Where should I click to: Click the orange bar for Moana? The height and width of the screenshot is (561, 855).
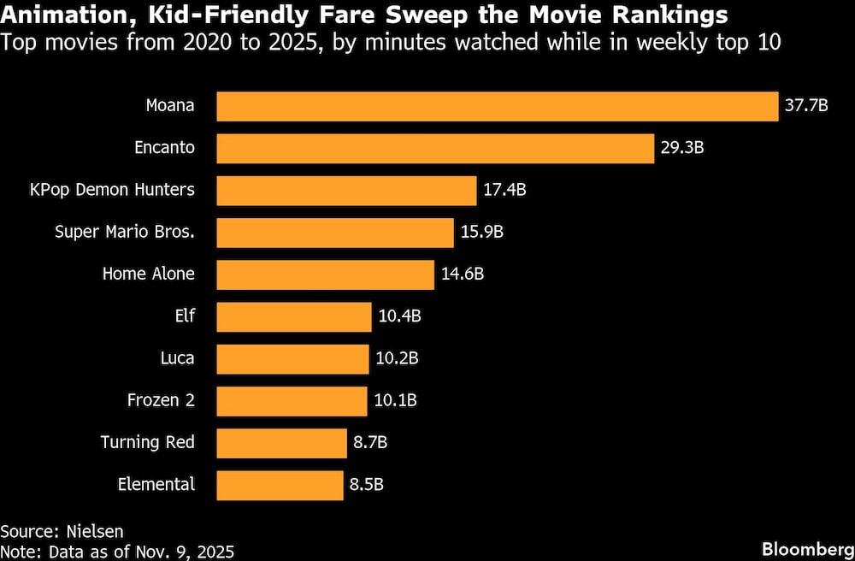(497, 106)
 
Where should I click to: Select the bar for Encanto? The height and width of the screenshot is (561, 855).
(435, 148)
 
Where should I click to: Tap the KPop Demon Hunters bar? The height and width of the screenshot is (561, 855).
(346, 190)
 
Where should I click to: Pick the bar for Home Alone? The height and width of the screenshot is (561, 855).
(325, 275)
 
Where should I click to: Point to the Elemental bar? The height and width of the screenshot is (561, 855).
(280, 485)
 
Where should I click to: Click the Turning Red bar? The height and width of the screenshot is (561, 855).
(281, 443)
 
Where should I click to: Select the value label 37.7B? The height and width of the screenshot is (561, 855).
(806, 106)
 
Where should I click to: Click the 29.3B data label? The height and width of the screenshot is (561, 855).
(681, 148)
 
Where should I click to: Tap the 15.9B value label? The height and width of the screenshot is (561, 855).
(481, 232)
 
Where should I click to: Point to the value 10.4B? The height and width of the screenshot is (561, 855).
(399, 316)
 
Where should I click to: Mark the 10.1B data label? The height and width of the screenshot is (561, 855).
(396, 400)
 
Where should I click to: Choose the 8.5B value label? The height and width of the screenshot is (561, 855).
(366, 485)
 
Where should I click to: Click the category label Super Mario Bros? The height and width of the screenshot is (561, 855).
(124, 232)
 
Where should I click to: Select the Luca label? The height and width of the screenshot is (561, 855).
(177, 358)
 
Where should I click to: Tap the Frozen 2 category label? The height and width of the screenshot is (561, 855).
(161, 400)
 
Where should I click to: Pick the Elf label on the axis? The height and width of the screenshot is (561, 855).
(184, 316)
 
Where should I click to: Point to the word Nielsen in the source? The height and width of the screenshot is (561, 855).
(88, 532)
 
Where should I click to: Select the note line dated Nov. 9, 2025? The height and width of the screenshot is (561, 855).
(117, 552)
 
